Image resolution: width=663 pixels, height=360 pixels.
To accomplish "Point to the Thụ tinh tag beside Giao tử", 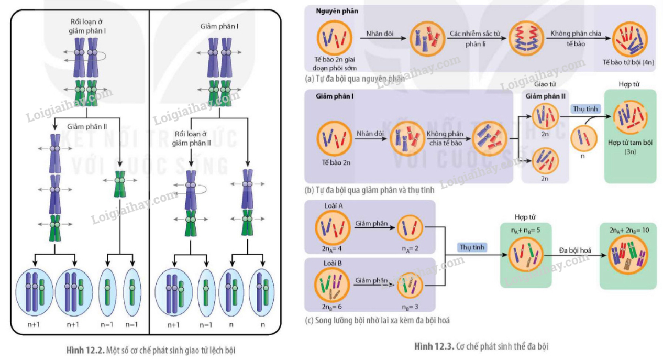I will [587, 109].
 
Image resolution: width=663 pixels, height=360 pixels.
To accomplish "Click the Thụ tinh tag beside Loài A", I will [472, 247].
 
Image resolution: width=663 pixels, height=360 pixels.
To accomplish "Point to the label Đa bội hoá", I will [574, 250].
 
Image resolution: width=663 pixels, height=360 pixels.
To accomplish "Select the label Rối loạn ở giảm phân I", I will [87, 27].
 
